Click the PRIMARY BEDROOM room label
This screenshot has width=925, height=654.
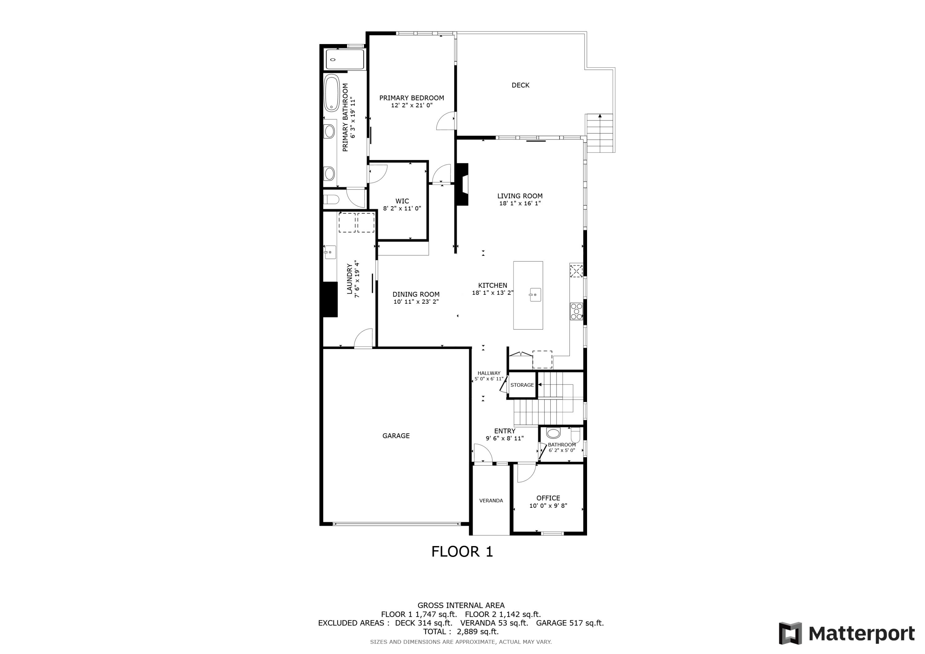pyautogui.click(x=411, y=98)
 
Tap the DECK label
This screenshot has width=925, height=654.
pyautogui.click(x=520, y=85)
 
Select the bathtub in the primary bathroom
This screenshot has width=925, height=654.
pyautogui.click(x=332, y=93)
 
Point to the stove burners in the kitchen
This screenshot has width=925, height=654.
pyautogui.click(x=576, y=311)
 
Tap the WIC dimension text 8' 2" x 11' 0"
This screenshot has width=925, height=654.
pyautogui.click(x=402, y=208)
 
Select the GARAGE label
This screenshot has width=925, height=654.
pyautogui.click(x=396, y=436)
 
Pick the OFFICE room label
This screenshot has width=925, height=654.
pyautogui.click(x=548, y=498)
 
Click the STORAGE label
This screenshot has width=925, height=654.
pyautogui.click(x=522, y=385)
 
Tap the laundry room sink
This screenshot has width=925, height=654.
pyautogui.click(x=330, y=252)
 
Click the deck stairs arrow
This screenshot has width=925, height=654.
pyautogui.click(x=600, y=116)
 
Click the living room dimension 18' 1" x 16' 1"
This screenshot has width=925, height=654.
pyautogui.click(x=520, y=204)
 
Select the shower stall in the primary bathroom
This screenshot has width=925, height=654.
pyautogui.click(x=345, y=59)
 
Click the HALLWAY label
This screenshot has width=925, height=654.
pyautogui.click(x=489, y=373)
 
